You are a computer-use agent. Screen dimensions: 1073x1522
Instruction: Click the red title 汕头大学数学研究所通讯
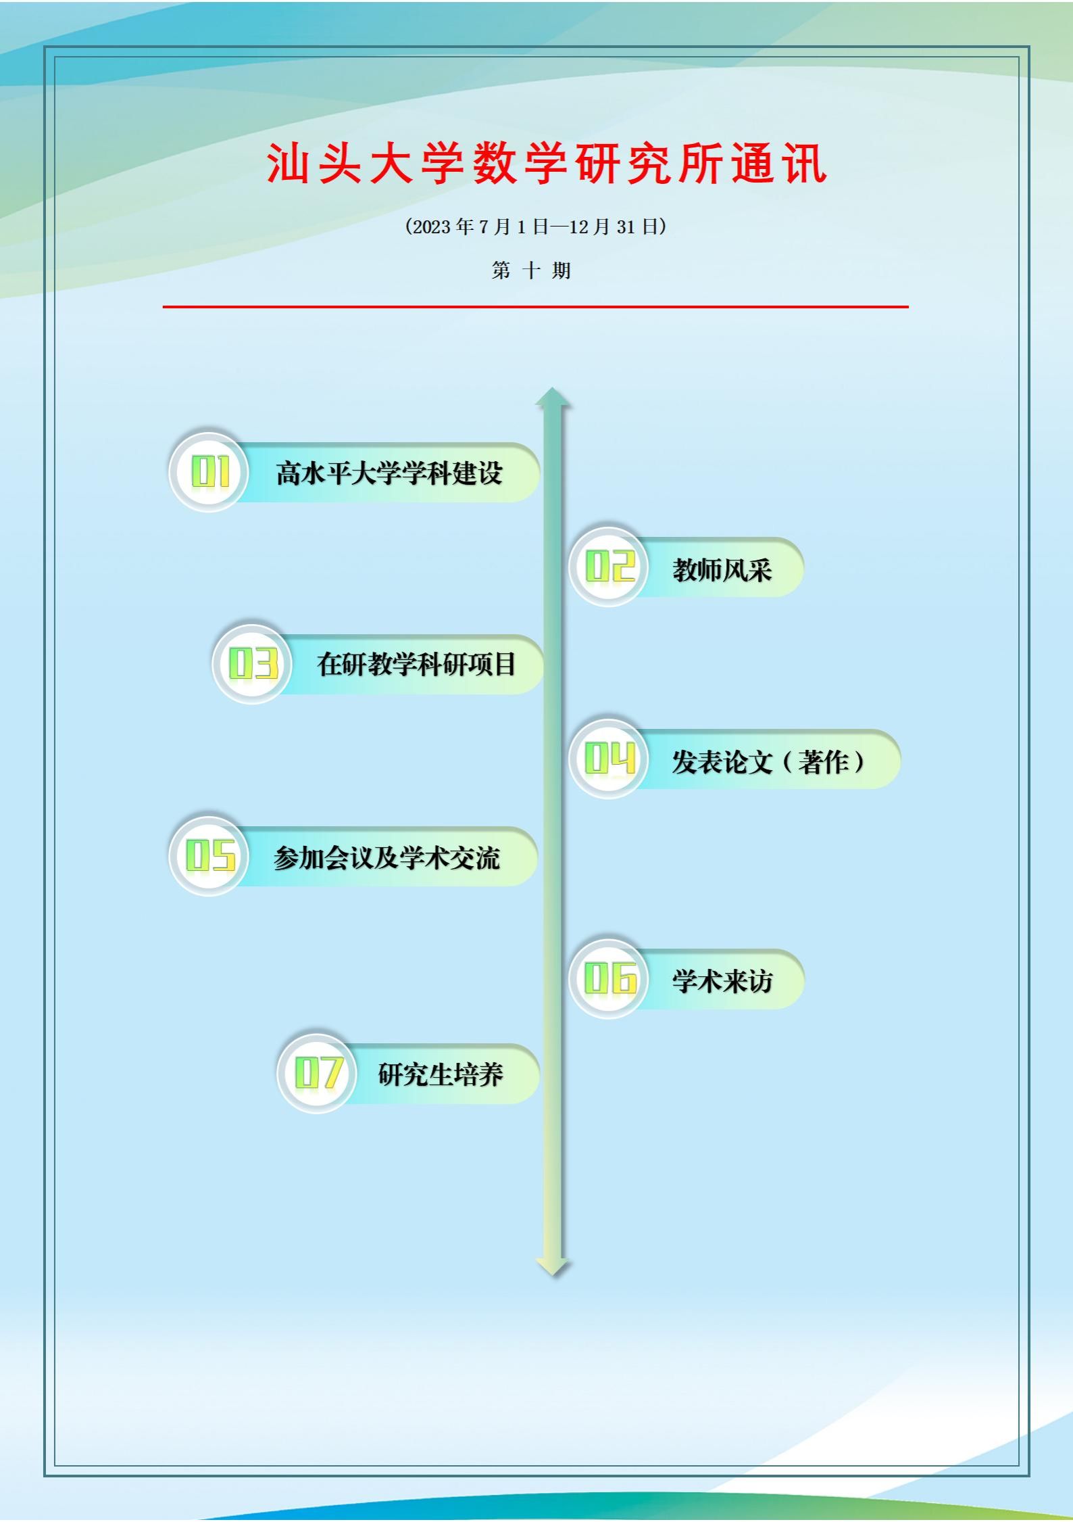[547, 164]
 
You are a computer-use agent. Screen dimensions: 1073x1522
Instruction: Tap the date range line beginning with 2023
[536, 227]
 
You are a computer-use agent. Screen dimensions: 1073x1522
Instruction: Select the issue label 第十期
[532, 270]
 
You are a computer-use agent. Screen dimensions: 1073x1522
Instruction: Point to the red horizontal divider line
[536, 306]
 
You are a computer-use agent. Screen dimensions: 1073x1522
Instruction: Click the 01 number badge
[209, 472]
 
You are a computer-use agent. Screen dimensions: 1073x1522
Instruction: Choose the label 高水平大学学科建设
[389, 473]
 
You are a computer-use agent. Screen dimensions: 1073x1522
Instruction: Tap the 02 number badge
[609, 567]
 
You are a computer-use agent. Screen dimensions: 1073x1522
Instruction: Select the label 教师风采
[722, 569]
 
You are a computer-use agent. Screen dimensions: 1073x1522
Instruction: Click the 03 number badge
[253, 664]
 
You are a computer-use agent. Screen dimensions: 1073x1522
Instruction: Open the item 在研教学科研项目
[416, 664]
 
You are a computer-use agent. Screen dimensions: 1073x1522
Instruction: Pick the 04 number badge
[609, 759]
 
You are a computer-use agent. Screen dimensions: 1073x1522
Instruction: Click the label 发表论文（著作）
[769, 761]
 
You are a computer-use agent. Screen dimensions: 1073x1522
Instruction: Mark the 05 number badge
[209, 856]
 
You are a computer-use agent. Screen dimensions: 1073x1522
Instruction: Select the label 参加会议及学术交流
[386, 857]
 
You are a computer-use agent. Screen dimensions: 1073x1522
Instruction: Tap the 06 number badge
[609, 978]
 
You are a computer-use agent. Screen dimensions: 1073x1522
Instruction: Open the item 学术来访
[722, 980]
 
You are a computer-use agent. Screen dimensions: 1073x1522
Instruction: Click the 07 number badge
[318, 1073]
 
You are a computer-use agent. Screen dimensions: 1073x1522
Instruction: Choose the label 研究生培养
[441, 1074]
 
